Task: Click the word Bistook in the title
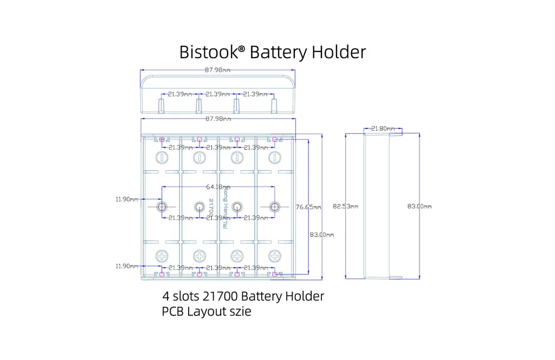point(207,52)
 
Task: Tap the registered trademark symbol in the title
point(241,49)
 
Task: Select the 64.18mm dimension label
point(218,188)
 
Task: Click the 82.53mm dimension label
point(346,207)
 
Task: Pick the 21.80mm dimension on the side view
point(383,128)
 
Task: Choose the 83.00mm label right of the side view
point(420,207)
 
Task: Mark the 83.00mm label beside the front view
point(322,235)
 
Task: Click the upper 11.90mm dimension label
point(126,199)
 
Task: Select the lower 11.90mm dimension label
point(126,266)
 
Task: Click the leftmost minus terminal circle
point(162,158)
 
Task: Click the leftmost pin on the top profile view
point(162,104)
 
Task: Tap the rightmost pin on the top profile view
point(274,104)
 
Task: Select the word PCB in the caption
point(173,312)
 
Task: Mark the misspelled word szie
point(239,312)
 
